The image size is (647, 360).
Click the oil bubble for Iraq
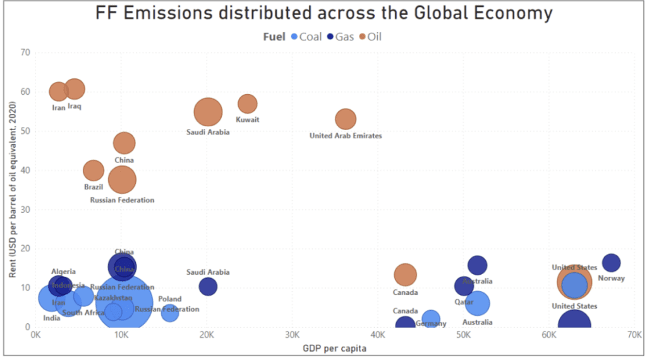coord(75,90)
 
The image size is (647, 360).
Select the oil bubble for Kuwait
coord(247,104)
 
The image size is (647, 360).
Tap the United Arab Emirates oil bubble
coord(346,119)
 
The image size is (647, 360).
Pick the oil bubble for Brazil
coord(94,171)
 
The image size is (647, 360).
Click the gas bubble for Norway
coord(611,263)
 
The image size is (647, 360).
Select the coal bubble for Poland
coord(169,312)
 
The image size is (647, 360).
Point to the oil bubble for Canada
coord(405,275)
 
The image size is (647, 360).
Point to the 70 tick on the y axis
coord(25,52)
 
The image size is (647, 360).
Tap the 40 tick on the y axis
coord(25,170)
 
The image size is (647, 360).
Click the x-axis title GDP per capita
coord(335,348)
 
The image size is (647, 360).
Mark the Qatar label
coord(464,302)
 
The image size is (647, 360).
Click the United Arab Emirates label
coord(346,136)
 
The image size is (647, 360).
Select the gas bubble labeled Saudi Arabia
coord(208,287)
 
